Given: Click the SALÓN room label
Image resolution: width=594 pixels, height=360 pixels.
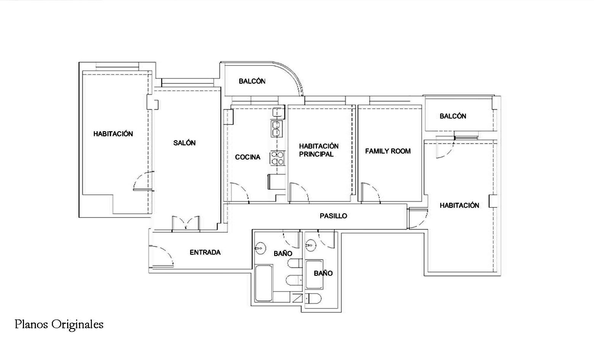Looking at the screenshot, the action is pyautogui.click(x=184, y=143).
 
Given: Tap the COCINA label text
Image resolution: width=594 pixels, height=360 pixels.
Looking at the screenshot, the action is pyautogui.click(x=247, y=157).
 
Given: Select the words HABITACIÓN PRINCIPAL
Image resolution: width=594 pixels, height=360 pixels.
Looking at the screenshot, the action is pyautogui.click(x=318, y=150).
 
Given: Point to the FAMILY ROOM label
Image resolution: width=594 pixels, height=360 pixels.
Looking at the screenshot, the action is pyautogui.click(x=388, y=151).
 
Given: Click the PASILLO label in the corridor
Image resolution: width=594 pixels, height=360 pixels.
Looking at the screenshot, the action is pyautogui.click(x=333, y=216).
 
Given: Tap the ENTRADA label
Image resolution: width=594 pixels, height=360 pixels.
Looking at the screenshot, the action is pyautogui.click(x=205, y=252).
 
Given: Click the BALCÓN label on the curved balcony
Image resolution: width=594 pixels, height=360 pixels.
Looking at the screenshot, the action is pyautogui.click(x=252, y=81).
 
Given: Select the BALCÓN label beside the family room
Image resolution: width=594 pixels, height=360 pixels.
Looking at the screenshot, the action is pyautogui.click(x=453, y=116).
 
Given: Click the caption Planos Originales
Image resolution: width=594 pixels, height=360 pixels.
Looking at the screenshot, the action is pyautogui.click(x=59, y=325).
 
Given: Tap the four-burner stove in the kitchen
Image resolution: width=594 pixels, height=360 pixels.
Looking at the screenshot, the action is pyautogui.click(x=278, y=158).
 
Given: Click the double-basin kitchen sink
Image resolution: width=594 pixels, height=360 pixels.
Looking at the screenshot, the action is pyautogui.click(x=276, y=129).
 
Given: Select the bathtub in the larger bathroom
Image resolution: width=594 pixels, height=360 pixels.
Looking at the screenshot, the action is pyautogui.click(x=263, y=283).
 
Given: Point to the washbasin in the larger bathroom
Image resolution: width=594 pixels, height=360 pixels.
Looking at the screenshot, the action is pyautogui.click(x=260, y=248).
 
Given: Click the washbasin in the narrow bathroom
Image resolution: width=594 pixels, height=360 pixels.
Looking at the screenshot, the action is pyautogui.click(x=310, y=245).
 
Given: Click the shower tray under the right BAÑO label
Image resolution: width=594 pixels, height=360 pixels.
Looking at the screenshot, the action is pyautogui.click(x=314, y=274).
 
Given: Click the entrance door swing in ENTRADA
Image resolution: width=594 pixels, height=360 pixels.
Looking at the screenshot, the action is pyautogui.click(x=161, y=256).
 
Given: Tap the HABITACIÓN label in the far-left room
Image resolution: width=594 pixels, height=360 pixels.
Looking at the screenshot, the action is pyautogui.click(x=113, y=134).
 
